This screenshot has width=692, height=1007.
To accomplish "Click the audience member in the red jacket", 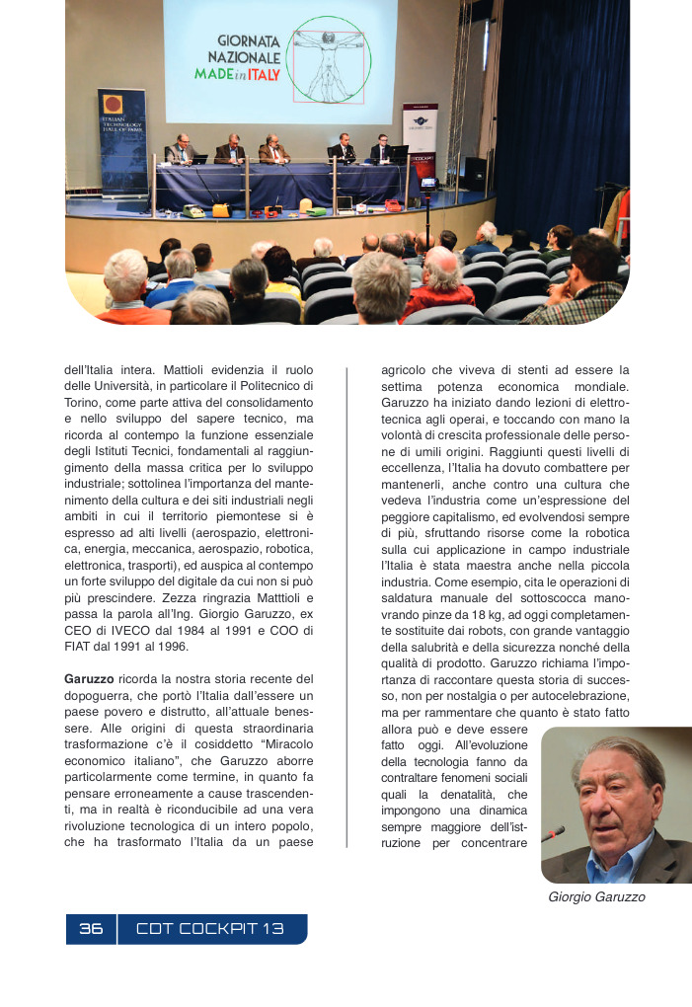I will coord(439,285).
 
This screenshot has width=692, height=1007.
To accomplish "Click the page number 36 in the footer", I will coord(91,929).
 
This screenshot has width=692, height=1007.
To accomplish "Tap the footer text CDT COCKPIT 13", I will coord(210,929).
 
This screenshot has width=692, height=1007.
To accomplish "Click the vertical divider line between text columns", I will coord(346,606).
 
